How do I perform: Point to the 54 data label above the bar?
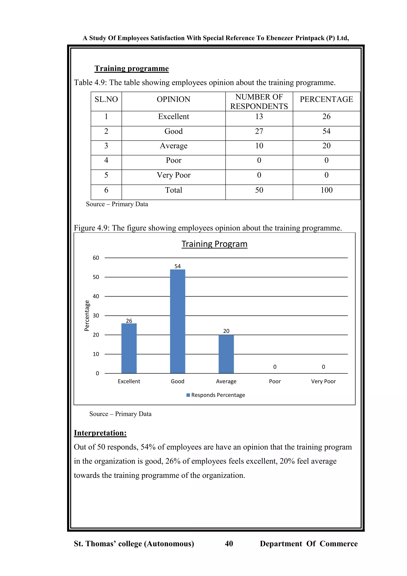(177, 266)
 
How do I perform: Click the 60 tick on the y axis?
(96, 258)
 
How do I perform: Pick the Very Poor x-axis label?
(323, 381)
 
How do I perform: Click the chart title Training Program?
(214, 244)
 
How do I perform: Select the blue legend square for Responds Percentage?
(188, 395)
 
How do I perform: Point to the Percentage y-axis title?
(87, 316)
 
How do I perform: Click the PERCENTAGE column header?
(326, 99)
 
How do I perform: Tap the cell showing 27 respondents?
(259, 131)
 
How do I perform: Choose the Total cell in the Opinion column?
(173, 190)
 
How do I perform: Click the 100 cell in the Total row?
(326, 190)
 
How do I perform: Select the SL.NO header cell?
(106, 99)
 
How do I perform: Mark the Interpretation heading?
(100, 433)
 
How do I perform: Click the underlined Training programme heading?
(132, 68)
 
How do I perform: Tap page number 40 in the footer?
(229, 544)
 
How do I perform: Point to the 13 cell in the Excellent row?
(259, 117)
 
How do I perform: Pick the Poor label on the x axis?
(275, 381)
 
